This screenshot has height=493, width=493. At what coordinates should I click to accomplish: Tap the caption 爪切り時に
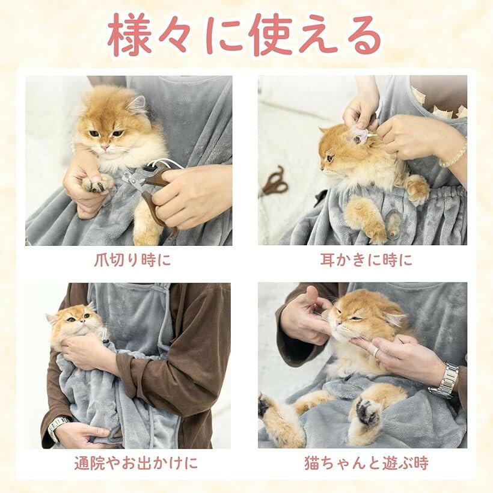(x=132, y=260)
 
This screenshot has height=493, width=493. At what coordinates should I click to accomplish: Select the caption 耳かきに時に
(x=366, y=260)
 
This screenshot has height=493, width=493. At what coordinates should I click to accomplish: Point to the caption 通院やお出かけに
(x=136, y=463)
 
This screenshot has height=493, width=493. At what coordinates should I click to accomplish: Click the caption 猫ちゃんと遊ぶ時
(x=366, y=463)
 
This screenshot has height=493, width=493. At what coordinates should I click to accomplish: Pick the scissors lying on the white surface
(x=274, y=182)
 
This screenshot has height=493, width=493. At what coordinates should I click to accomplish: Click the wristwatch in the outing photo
(x=58, y=427)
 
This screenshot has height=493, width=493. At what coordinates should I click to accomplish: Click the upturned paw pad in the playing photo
(x=367, y=411)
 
